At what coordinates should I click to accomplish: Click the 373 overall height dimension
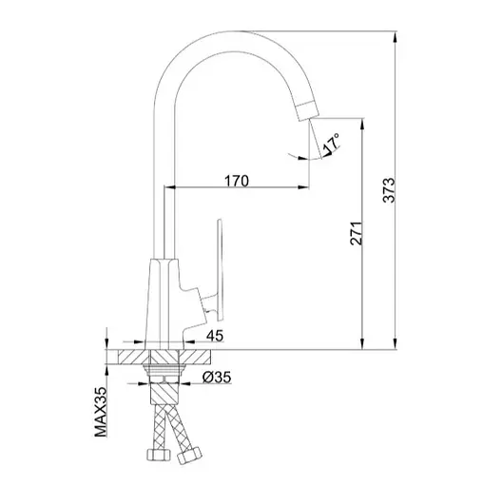(389, 190)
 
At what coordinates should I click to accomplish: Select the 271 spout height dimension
(356, 233)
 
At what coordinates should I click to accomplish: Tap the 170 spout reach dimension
(237, 181)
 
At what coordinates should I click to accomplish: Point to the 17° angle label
(331, 145)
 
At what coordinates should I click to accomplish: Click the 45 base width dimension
(215, 336)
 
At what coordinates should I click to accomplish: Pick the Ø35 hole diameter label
(217, 378)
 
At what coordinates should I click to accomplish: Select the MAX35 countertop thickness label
(101, 413)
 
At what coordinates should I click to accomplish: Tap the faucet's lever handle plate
(219, 269)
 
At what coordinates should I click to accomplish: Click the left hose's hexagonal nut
(158, 455)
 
